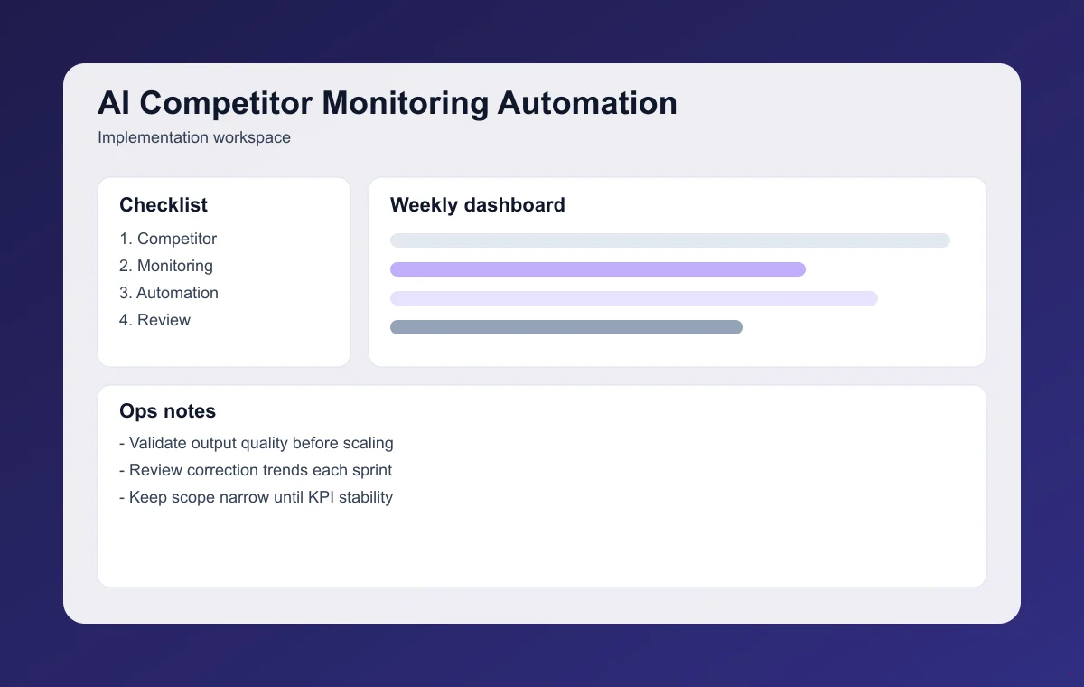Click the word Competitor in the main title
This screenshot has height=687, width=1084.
point(227,103)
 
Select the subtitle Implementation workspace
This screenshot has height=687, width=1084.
point(194,138)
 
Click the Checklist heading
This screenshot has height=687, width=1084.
point(164,205)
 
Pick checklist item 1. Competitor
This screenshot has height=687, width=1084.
point(168,239)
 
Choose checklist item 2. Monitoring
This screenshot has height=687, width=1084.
point(166,266)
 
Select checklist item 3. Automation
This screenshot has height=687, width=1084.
point(169,293)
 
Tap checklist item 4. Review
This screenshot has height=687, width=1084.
point(154,320)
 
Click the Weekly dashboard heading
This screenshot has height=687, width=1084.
point(478,205)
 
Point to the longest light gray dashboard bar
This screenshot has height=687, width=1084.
point(670,240)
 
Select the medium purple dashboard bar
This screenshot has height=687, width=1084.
point(598,269)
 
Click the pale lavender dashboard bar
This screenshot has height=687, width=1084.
point(634,298)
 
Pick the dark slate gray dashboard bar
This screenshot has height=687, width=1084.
point(566,327)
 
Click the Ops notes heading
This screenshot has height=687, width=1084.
point(168,411)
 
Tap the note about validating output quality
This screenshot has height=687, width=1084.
point(257,443)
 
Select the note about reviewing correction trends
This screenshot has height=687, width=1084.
point(256,470)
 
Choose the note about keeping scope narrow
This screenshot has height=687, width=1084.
point(257,497)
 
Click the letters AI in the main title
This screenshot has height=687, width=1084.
point(114,103)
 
